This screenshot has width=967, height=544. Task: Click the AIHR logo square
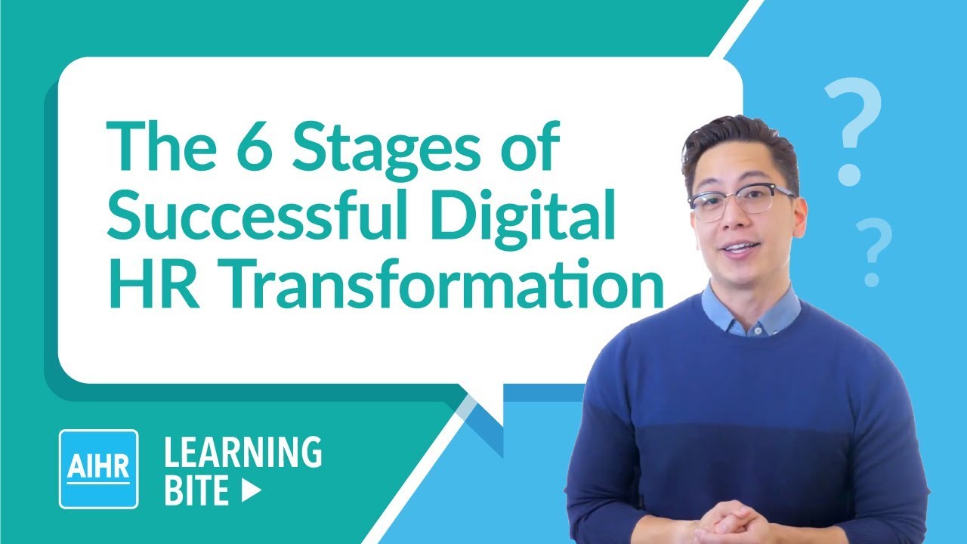[98, 468]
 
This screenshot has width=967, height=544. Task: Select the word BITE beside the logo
[196, 491]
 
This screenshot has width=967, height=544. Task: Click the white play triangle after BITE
[252, 491]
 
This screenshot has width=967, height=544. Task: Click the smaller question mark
[874, 249]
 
